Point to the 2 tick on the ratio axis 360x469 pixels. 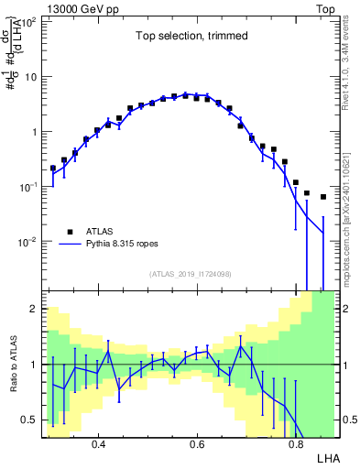tap(35, 310)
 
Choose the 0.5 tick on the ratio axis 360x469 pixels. tap(30, 420)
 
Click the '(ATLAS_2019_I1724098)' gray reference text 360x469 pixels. tap(191, 274)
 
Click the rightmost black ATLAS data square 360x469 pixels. tap(322, 197)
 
